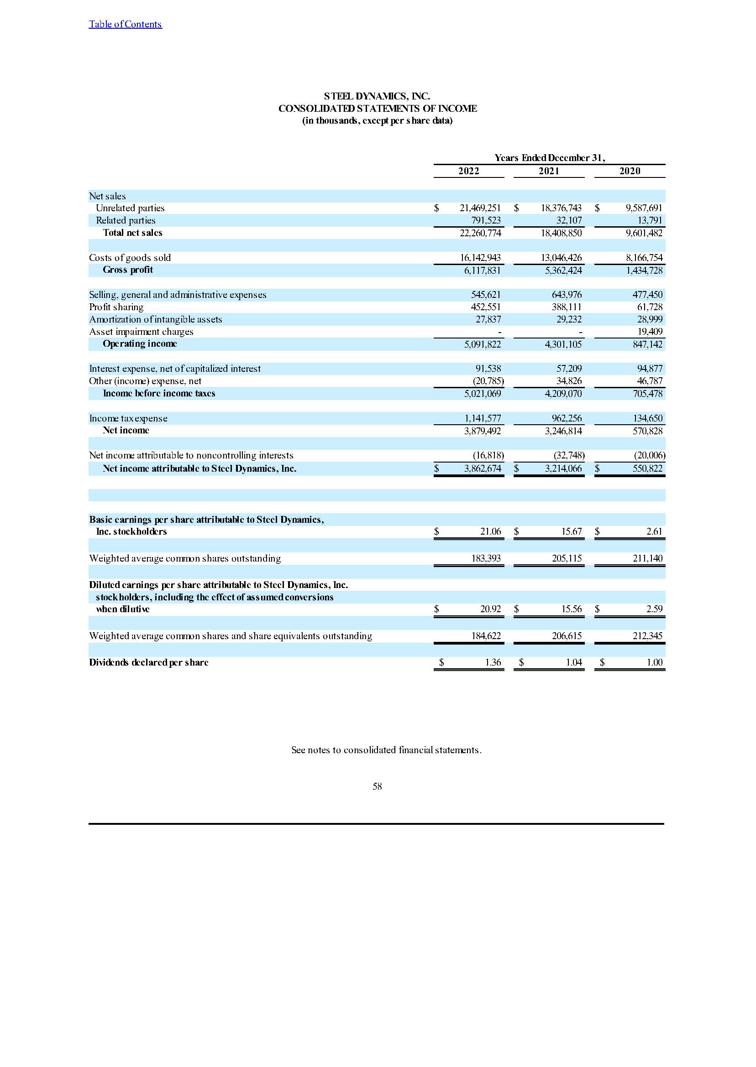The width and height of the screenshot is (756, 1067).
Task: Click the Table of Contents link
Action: point(125,24)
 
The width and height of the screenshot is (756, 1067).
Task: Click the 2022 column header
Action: point(468,171)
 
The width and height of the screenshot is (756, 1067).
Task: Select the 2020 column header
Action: point(630,171)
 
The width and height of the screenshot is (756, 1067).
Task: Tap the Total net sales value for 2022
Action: point(480,233)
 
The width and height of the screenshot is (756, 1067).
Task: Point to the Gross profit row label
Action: point(127,270)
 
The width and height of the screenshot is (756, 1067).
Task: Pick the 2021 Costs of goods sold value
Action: point(561,258)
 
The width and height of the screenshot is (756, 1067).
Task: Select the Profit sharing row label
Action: point(116,307)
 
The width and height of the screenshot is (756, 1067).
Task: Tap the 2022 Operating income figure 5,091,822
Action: point(482,344)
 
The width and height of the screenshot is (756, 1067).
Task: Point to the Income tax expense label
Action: point(128,418)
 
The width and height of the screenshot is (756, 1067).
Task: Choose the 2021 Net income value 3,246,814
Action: point(563,431)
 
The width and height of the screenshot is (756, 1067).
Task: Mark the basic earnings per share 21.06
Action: point(491,531)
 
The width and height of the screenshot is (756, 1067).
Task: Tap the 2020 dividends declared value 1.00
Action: point(655,662)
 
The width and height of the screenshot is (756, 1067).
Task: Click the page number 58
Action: point(377,786)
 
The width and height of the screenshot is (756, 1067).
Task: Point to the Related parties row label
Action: point(125,220)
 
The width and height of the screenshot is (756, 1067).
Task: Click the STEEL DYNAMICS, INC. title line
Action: point(377,96)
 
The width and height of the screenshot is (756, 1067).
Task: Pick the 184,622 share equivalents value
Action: point(486,636)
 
